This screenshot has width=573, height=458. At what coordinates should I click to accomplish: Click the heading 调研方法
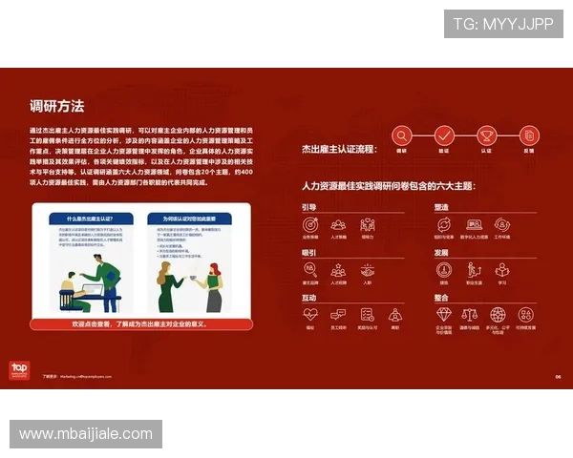tap(57, 106)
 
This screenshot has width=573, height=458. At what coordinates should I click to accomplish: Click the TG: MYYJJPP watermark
tap(503, 24)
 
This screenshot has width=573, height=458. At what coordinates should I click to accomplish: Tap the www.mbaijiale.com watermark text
tap(86, 434)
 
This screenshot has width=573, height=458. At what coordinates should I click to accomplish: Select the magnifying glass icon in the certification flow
tap(402, 135)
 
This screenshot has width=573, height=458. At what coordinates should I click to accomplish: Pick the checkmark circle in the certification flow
tap(444, 135)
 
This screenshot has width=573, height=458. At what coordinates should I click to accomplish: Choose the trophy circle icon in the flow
tap(486, 135)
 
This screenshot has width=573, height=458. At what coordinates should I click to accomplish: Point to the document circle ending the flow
tap(528, 135)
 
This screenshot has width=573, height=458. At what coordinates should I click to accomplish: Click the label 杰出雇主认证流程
tap(339, 149)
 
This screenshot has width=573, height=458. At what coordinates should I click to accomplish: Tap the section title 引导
tap(309, 207)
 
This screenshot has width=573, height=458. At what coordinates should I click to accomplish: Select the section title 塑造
tap(441, 207)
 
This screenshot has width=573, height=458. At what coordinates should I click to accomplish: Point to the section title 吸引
tap(309, 253)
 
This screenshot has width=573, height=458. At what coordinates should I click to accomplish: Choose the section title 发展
tap(441, 253)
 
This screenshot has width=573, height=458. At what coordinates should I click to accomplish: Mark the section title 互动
tap(309, 298)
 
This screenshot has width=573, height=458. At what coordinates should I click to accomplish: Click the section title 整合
tap(441, 298)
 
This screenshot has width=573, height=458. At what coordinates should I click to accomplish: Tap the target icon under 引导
tap(310, 225)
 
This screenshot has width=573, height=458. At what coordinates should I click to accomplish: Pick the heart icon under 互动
tap(310, 314)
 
